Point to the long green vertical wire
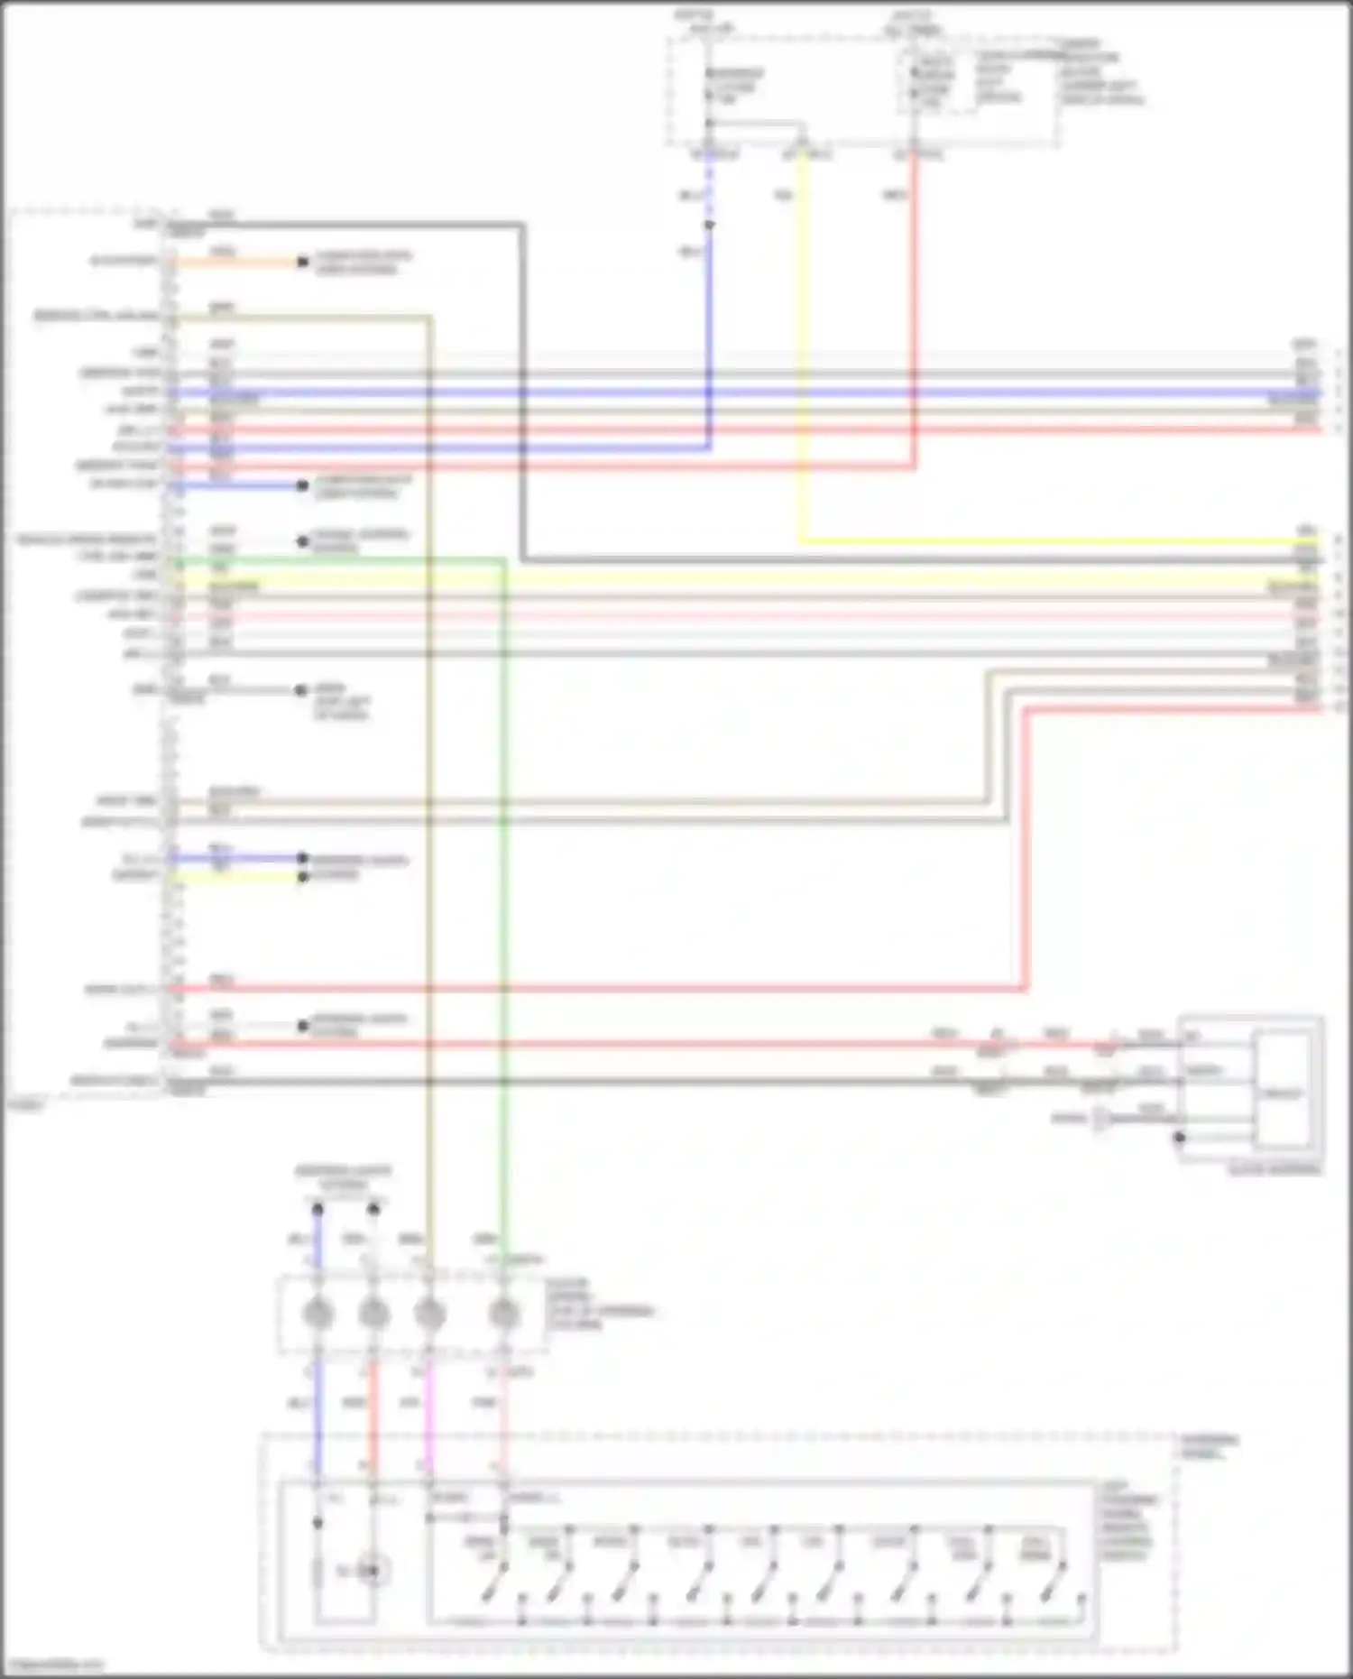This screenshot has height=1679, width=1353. (x=503, y=902)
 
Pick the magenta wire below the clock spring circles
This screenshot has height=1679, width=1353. (x=429, y=1416)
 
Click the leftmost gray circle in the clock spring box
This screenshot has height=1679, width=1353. (x=318, y=1314)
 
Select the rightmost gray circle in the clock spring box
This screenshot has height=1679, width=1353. (x=503, y=1314)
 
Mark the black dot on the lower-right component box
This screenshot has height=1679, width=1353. (x=1179, y=1137)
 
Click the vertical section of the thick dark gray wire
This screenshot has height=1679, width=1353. (x=521, y=388)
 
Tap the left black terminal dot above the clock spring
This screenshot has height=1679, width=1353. (x=318, y=1208)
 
